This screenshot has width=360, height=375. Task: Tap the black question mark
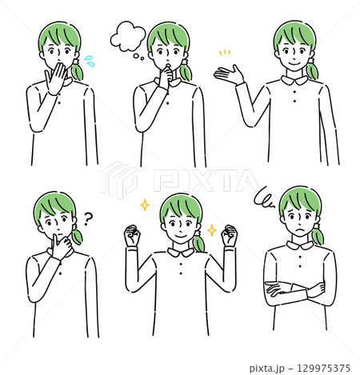click(x=88, y=217)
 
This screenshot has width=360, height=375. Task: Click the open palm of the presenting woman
click(x=226, y=74)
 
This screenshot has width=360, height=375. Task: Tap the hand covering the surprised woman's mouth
click(x=58, y=78)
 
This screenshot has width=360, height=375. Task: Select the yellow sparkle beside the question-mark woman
click(x=145, y=205)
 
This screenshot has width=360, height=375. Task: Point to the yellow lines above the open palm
click(x=225, y=54)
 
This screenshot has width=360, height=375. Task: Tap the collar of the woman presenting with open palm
click(x=294, y=80)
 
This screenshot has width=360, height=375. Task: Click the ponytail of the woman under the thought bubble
click(x=186, y=70)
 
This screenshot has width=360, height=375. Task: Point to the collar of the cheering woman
click(x=180, y=253)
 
